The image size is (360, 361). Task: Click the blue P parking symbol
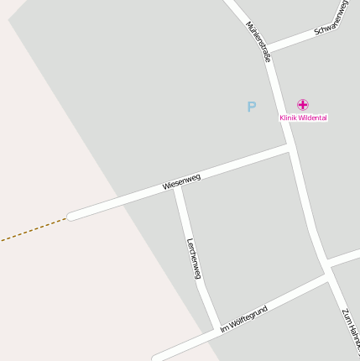click(251, 107)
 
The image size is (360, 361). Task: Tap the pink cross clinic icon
click(303, 105)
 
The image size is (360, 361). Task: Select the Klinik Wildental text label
click(303, 118)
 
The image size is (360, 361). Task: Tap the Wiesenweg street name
click(182, 180)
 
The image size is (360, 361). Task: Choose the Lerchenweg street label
click(195, 259)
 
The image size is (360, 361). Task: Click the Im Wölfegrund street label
click(243, 320)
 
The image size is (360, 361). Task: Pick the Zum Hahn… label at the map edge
click(351, 331)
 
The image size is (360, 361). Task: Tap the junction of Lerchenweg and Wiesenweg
click(178, 188)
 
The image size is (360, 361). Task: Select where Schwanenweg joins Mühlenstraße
click(268, 48)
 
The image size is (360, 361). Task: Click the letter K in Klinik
click(282, 118)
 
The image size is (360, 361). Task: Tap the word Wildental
click(312, 118)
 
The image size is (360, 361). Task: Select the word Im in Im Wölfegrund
click(223, 328)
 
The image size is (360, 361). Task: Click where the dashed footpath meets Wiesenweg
click(67, 218)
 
